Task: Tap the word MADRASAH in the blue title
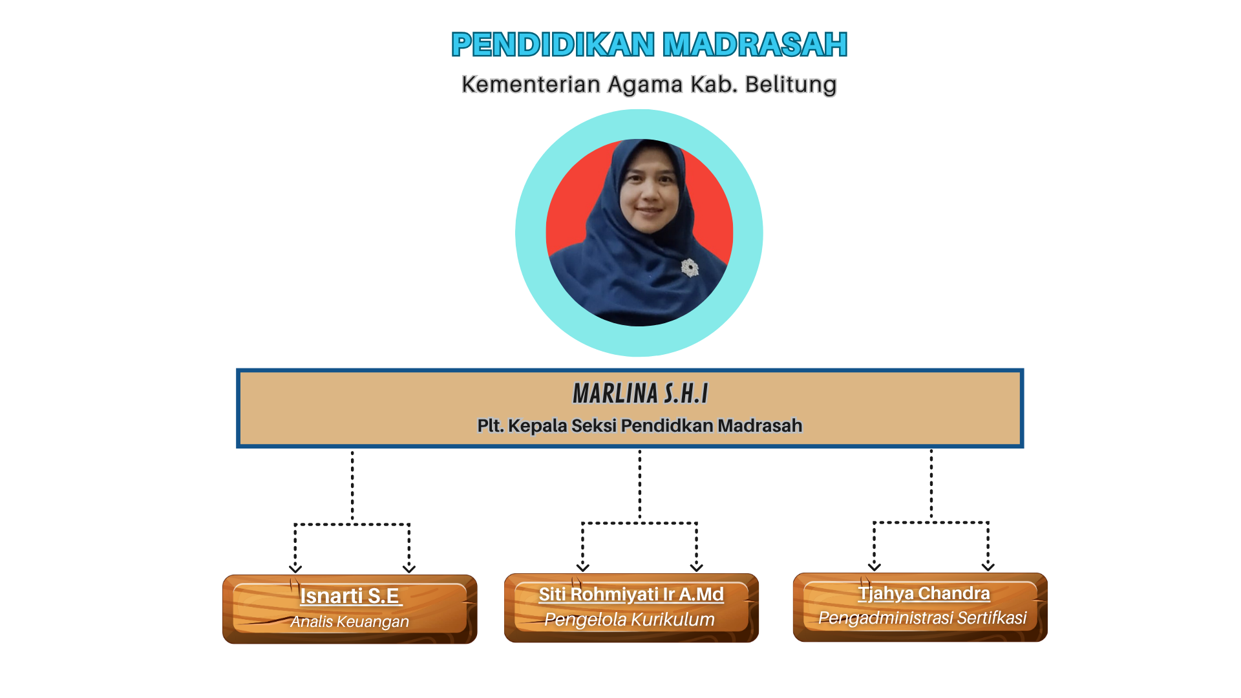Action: coord(755,45)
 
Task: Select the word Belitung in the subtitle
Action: coord(790,85)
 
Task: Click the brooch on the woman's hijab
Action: coord(690,268)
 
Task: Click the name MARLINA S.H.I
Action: coord(641,394)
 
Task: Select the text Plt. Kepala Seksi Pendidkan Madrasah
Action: coord(640,425)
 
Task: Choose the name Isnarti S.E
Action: coord(351,596)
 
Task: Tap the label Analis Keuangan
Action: coord(350,622)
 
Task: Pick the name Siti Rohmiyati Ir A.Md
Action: coord(631,594)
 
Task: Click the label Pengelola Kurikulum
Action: coord(630,619)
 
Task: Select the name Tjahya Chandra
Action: coord(924,593)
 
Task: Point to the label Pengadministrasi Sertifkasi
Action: coord(922,618)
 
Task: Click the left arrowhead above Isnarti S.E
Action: coord(295,569)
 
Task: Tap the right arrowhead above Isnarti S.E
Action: coord(409,569)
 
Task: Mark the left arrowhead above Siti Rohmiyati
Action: coord(583,567)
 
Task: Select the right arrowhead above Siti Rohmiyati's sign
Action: coord(697,567)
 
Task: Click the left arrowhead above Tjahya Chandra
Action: coord(875,567)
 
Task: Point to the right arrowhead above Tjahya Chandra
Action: coord(988,567)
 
